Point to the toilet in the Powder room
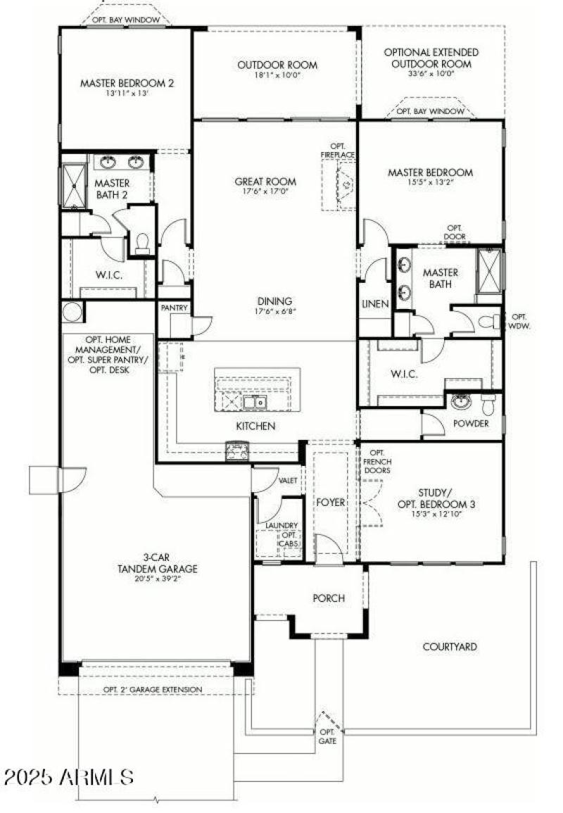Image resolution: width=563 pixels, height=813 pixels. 488,404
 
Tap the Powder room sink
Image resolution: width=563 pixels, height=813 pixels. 461,402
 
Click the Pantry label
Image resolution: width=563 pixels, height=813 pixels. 173,308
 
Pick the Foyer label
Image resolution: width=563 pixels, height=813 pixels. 330,503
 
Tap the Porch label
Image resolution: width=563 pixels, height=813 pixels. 329,598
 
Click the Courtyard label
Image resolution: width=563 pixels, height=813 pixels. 450,646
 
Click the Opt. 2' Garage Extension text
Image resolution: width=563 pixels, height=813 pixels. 153,689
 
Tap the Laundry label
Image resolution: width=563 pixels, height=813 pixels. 281,525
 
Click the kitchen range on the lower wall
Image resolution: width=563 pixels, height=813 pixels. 236,451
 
